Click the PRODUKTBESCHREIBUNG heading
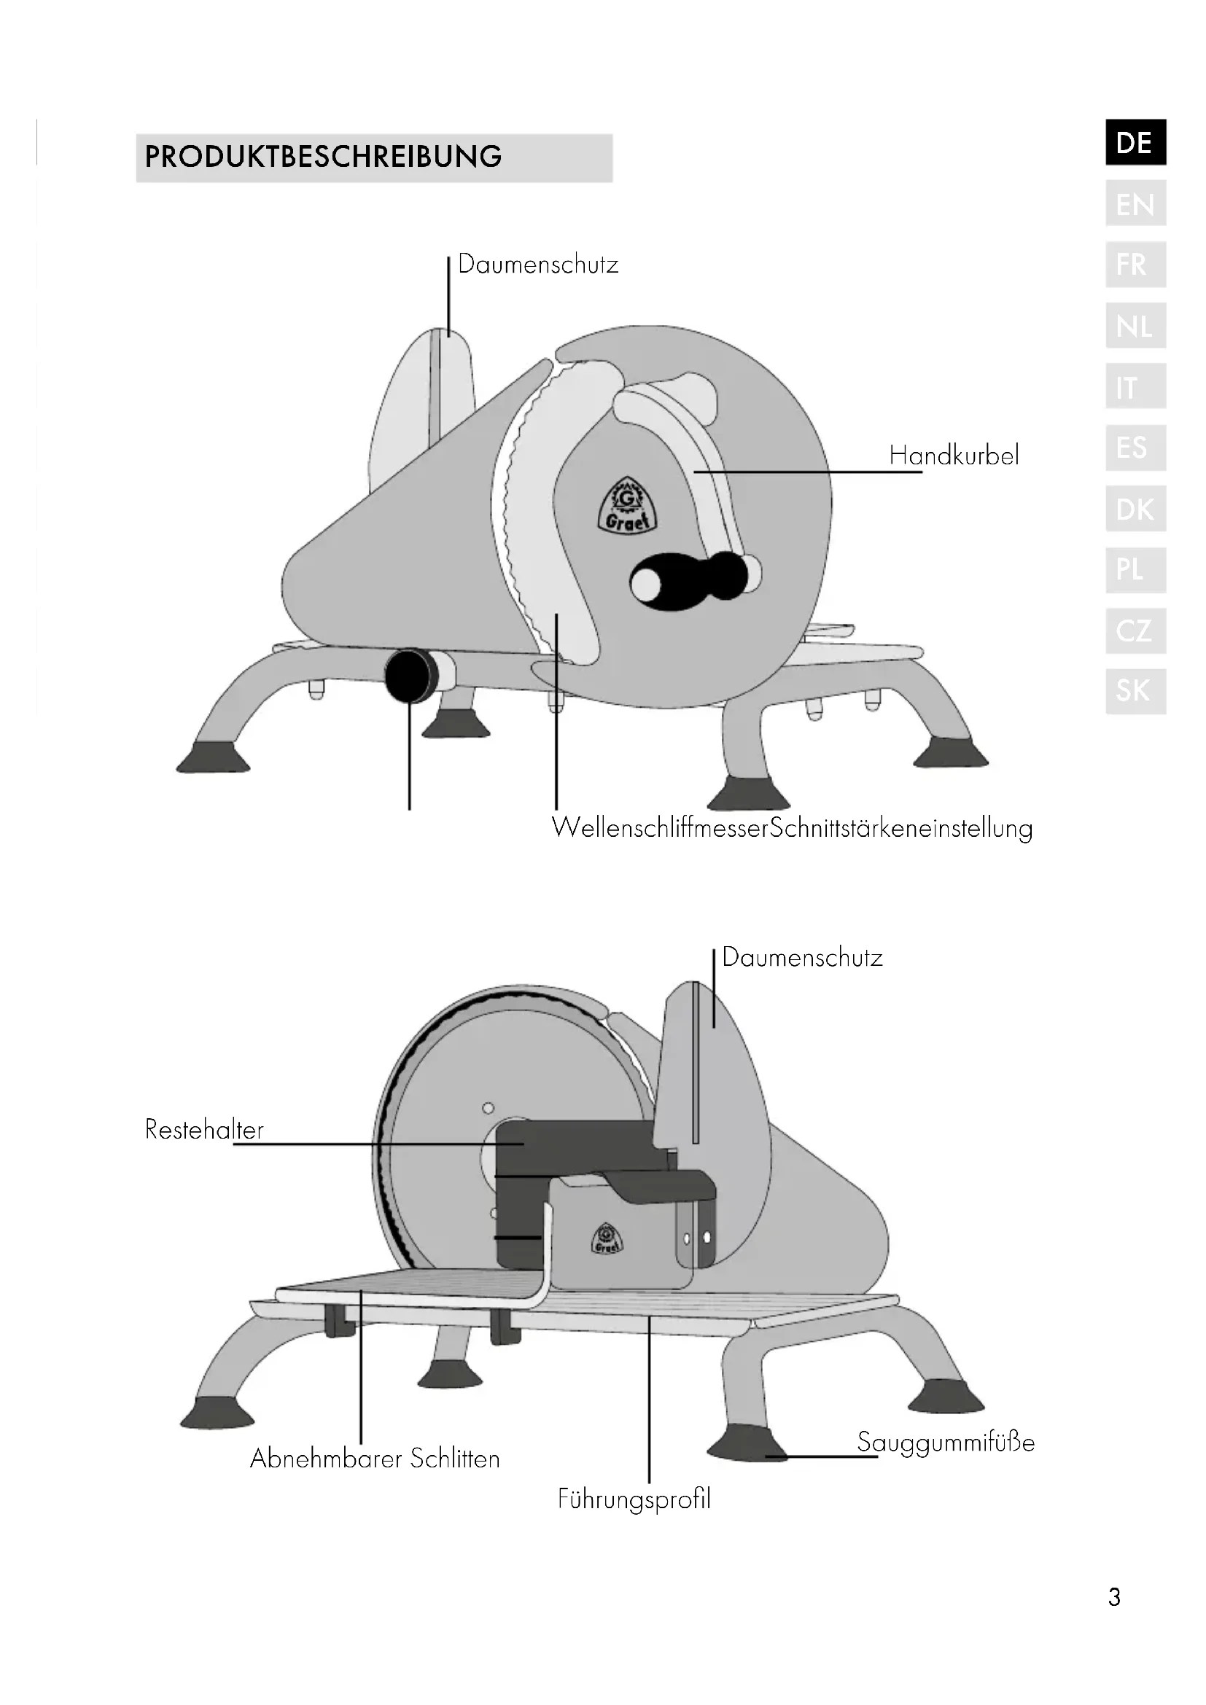[x=324, y=157]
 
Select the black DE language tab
[x=1135, y=142]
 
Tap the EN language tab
[x=1135, y=203]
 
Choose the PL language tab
[x=1135, y=569]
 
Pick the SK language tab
[x=1135, y=691]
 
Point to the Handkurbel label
[x=954, y=455]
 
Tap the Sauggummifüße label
[x=946, y=1441]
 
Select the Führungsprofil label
[x=634, y=1499]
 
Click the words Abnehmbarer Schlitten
[x=375, y=1459]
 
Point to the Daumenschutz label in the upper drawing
[x=537, y=265]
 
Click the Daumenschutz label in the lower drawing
[x=802, y=957]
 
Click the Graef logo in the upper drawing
[x=628, y=507]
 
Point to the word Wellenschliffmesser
[x=659, y=828]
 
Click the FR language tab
[x=1135, y=265]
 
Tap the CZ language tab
[x=1135, y=631]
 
